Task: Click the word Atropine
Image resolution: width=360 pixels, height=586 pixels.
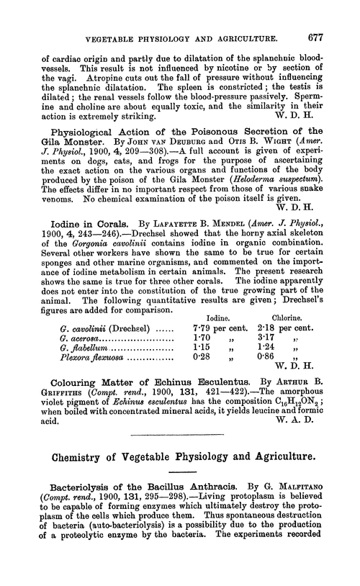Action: (x=86, y=78)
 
